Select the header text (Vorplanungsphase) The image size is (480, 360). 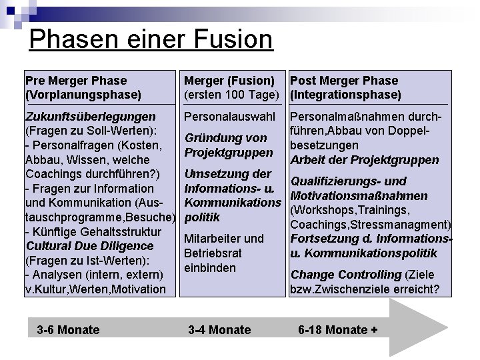[83, 95]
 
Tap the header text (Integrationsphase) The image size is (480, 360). [345, 95]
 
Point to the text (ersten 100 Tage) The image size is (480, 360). [230, 95]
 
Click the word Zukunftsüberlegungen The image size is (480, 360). [90, 117]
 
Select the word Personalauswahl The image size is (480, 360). [230, 117]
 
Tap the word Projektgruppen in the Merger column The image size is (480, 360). [228, 153]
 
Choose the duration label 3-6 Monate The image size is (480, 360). [69, 329]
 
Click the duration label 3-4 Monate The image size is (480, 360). [219, 329]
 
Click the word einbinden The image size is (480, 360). [210, 268]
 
